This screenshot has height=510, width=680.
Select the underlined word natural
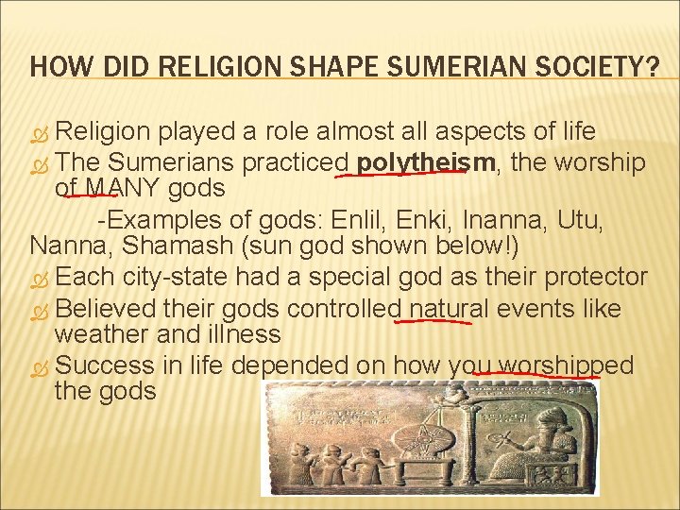click(437, 308)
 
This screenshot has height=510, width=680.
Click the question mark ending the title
click(654, 67)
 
